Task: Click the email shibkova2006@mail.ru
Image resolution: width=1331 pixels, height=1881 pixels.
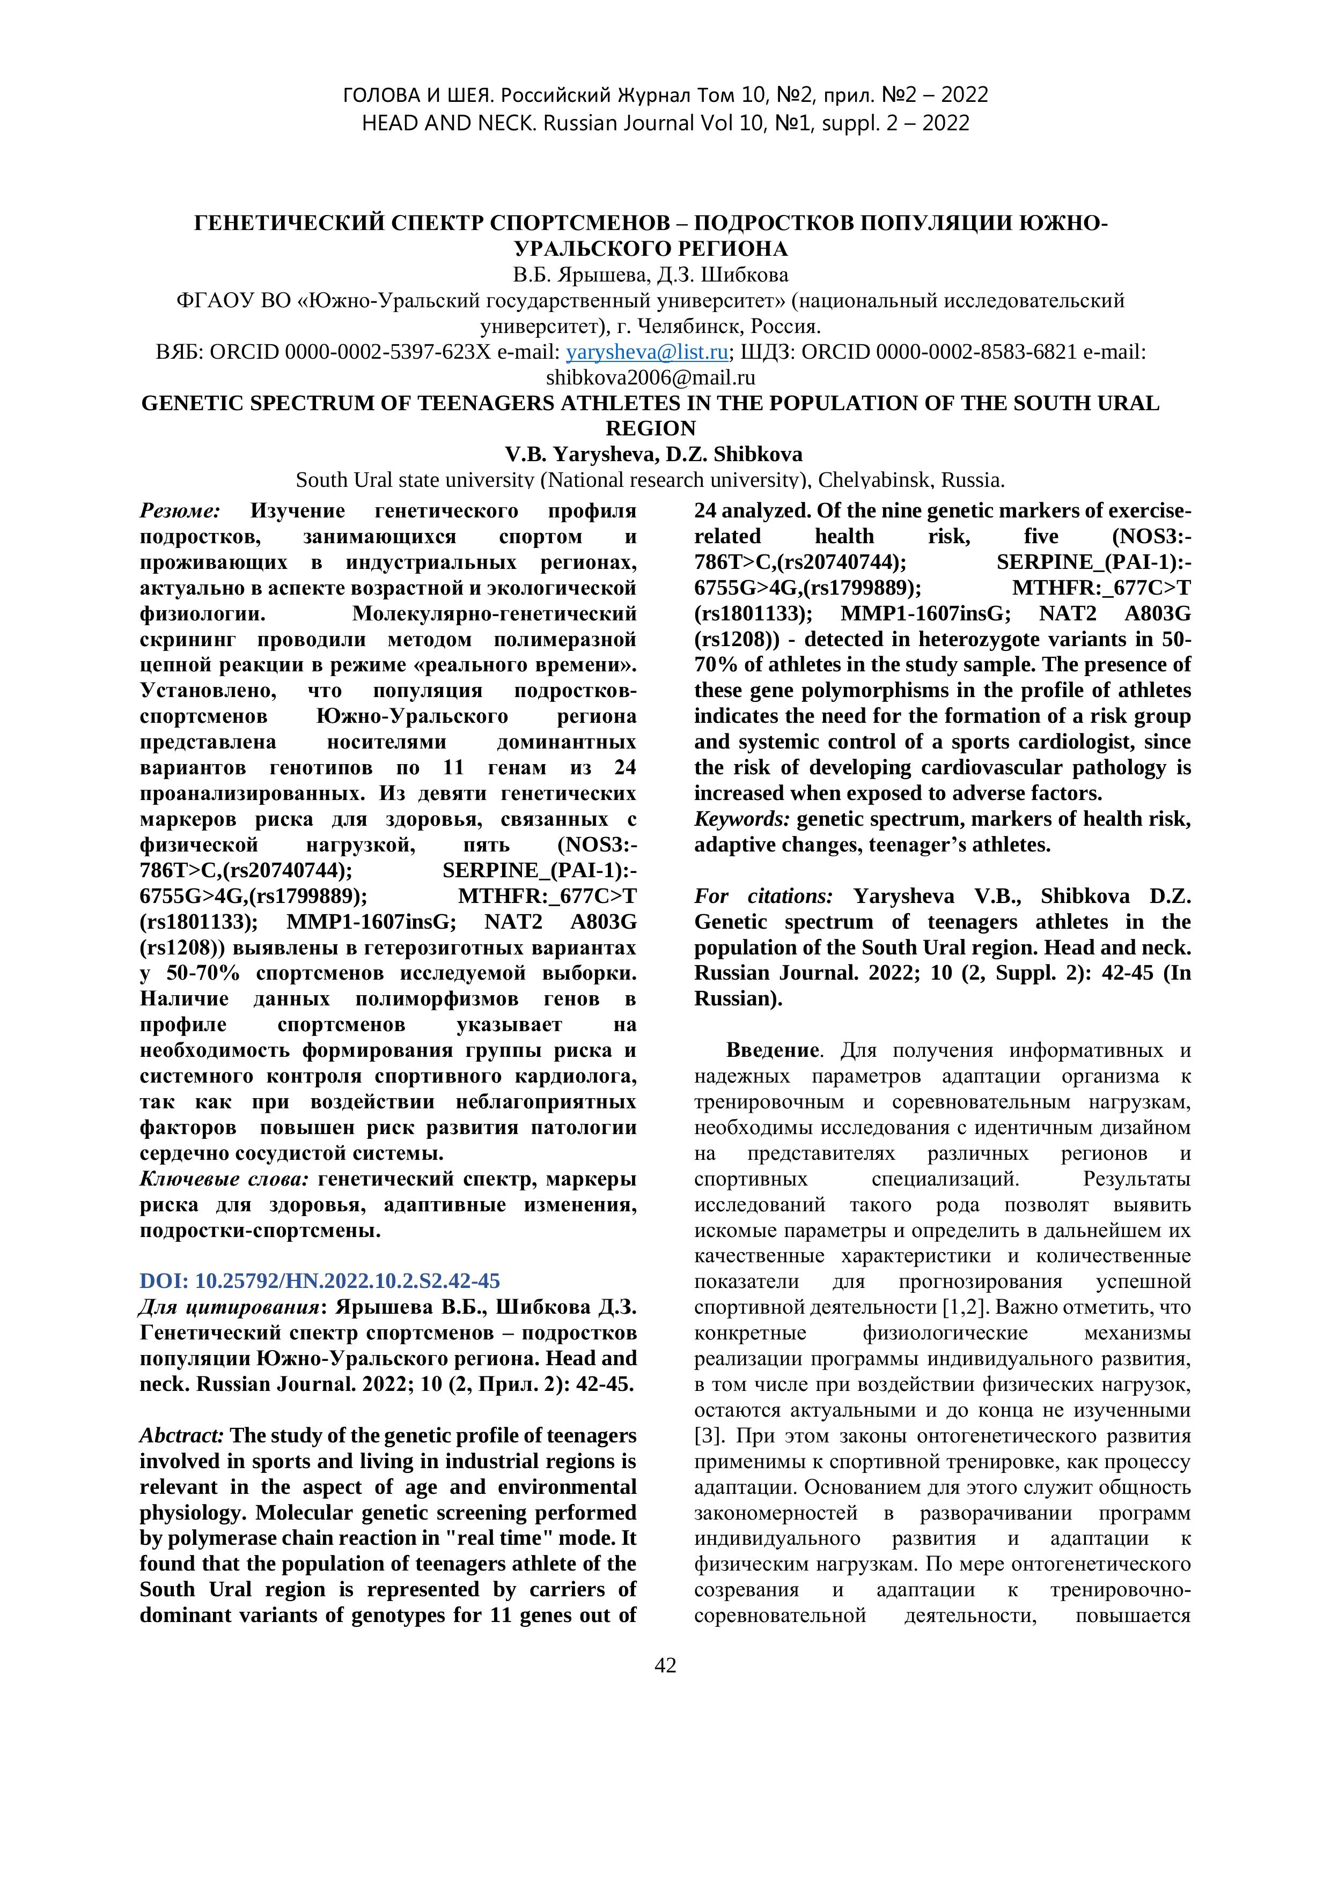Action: tap(650, 377)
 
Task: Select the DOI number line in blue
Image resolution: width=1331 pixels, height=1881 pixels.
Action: tap(320, 1280)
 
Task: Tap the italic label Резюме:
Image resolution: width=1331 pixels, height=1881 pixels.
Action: tap(180, 511)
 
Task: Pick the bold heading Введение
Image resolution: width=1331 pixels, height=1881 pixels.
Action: tap(772, 1050)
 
